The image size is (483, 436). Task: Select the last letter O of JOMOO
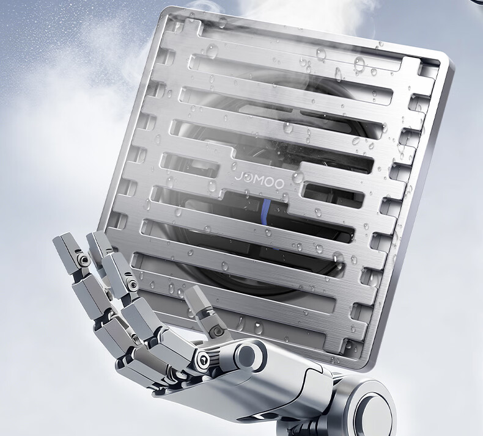click(279, 184)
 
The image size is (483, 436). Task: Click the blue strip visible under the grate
click(266, 213)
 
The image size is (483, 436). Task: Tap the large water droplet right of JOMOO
click(298, 177)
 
